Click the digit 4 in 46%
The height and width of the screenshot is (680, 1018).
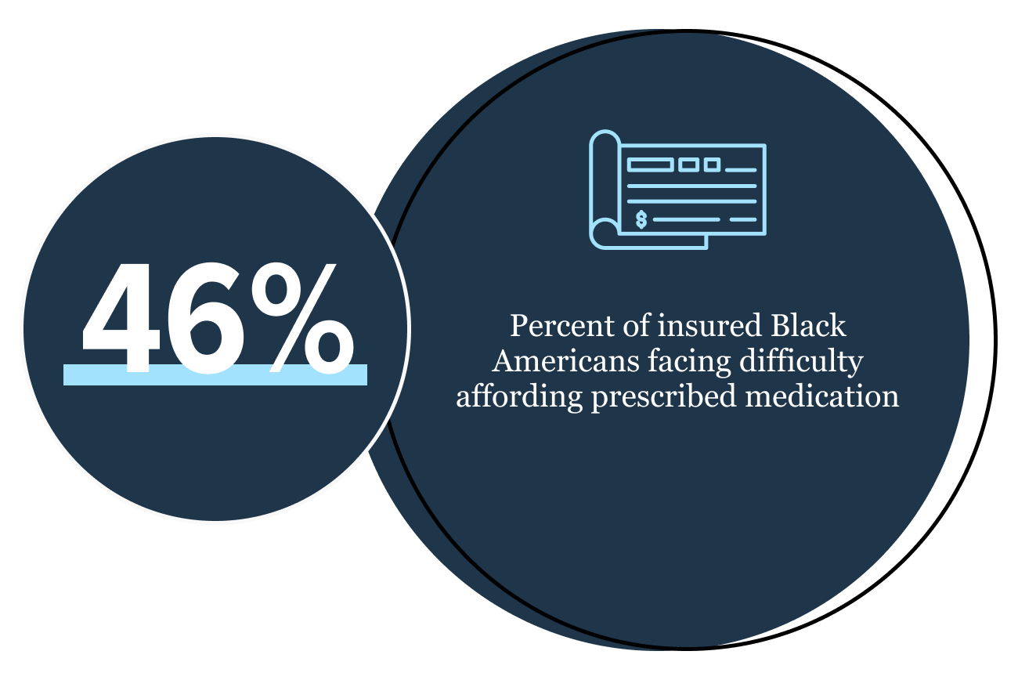click(121, 318)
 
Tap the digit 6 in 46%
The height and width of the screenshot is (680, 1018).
click(205, 318)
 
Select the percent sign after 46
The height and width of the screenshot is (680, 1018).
click(303, 318)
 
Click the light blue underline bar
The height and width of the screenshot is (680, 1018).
click(215, 375)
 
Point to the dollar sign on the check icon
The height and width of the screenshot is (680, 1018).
click(641, 219)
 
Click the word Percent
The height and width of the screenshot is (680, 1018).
click(561, 326)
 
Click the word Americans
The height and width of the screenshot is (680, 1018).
click(566, 361)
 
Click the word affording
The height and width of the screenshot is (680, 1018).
click(519, 398)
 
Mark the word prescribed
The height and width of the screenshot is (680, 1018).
click(663, 398)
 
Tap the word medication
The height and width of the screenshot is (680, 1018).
click(821, 396)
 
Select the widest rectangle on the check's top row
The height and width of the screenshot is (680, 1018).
click(650, 165)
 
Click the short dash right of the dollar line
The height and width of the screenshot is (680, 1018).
click(743, 220)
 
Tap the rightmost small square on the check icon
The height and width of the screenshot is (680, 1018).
click(712, 165)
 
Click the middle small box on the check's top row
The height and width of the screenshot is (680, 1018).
click(688, 165)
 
